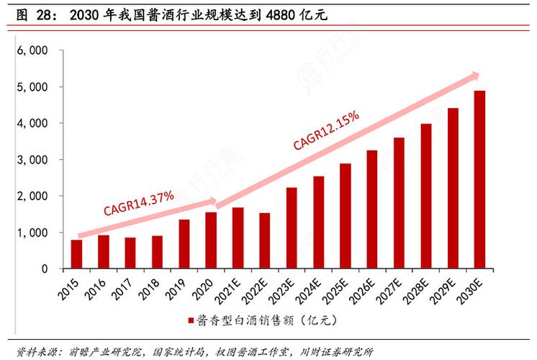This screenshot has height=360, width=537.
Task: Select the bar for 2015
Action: click(76, 254)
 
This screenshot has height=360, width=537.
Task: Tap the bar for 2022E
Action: click(265, 240)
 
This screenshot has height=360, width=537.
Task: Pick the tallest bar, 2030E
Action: click(480, 179)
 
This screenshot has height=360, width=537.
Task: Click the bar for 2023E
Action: click(292, 228)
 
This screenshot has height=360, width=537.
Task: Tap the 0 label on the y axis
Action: click(44, 269)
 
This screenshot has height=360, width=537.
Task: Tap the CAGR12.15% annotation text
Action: click(326, 130)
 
